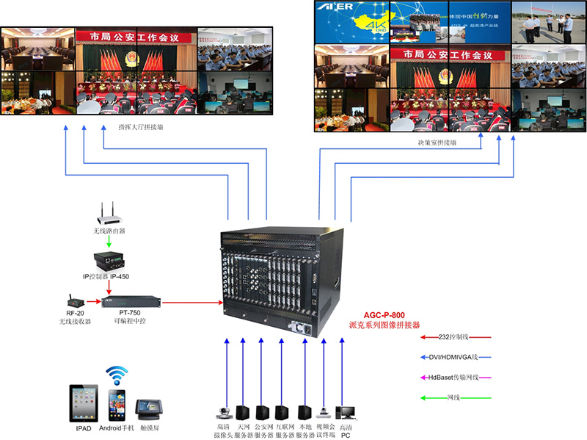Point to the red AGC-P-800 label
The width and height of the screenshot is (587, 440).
pos(384,314)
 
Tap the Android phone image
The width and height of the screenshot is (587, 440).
pos(117,405)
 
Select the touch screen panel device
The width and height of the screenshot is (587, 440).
pos(151,407)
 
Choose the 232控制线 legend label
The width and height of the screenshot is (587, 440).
pos(456,337)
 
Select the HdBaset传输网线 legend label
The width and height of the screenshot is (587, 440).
pos(456,378)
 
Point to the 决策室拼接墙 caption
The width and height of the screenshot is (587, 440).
pos(432,142)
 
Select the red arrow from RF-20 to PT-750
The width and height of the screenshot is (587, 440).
pos(94,301)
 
